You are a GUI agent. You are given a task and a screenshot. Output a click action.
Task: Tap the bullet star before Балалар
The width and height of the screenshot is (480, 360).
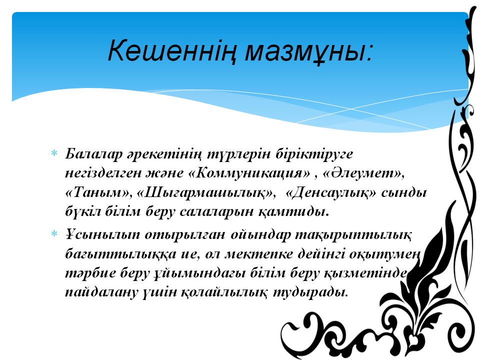(54, 153)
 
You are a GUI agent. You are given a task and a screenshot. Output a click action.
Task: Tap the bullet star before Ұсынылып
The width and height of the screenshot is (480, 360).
(54, 234)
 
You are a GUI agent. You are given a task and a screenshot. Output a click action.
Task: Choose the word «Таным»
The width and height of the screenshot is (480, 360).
(96, 192)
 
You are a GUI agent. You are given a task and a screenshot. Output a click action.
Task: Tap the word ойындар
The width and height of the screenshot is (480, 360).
(260, 235)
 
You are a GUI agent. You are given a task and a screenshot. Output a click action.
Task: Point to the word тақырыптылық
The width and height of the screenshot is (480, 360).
(353, 235)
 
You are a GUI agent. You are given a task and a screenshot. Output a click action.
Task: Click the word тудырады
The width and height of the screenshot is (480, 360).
(310, 292)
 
